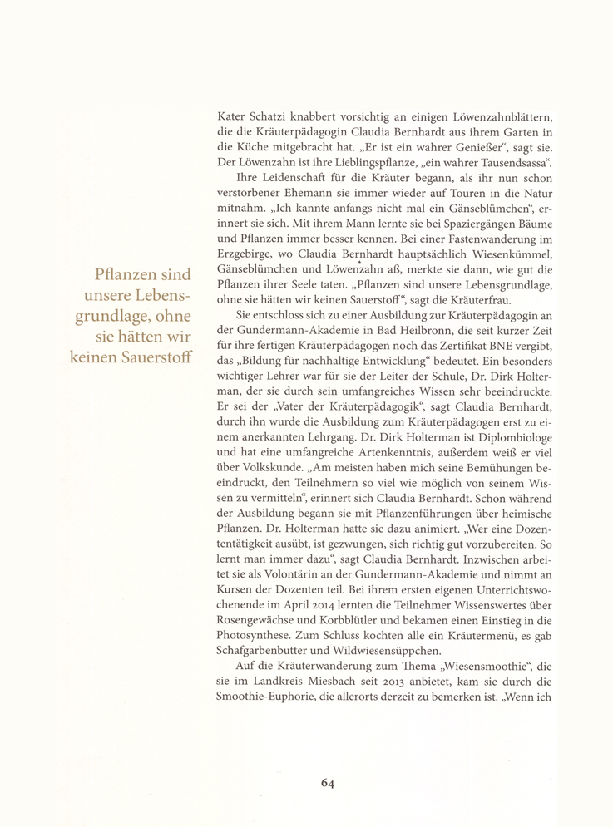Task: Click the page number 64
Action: click(x=329, y=781)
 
